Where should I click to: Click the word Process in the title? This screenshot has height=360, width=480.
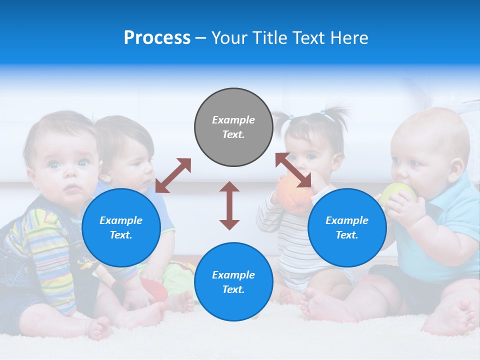pyautogui.click(x=157, y=38)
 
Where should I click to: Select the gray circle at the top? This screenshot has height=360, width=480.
pyautogui.click(x=233, y=127)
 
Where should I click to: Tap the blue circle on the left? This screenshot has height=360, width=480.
pyautogui.click(x=121, y=227)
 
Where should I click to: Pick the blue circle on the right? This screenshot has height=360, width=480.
pyautogui.click(x=347, y=227)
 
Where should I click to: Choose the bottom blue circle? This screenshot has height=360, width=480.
pyautogui.click(x=233, y=281)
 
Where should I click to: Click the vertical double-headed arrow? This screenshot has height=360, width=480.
pyautogui.click(x=229, y=205)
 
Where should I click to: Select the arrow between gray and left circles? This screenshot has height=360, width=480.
pyautogui.click(x=173, y=175)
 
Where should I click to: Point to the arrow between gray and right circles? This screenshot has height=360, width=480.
pyautogui.click(x=293, y=170)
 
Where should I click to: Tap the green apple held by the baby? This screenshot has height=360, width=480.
pyautogui.click(x=398, y=192)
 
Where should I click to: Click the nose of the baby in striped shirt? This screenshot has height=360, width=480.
pyautogui.click(x=70, y=176)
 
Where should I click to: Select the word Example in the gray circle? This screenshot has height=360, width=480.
pyautogui.click(x=233, y=120)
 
